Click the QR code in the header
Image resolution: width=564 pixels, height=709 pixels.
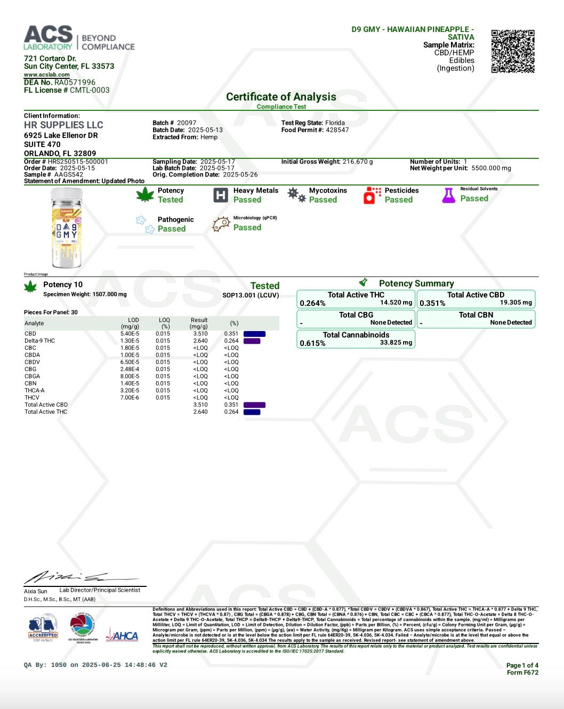[x=513, y=51]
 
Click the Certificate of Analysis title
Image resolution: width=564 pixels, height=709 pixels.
[x=281, y=97]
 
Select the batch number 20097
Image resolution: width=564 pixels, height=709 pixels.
[x=187, y=123]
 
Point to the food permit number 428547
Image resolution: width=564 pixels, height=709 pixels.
[x=337, y=130]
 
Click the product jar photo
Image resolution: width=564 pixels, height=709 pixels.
[x=67, y=228]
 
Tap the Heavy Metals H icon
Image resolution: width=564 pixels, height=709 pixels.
[x=220, y=195]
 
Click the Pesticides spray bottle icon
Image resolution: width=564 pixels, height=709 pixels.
[x=372, y=195]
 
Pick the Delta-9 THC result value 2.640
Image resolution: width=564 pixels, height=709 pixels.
[x=200, y=341]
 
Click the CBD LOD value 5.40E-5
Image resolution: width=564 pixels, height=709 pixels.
[x=130, y=334]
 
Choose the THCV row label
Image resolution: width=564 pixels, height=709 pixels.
[x=32, y=398]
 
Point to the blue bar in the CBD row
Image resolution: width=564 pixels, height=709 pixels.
[x=254, y=334]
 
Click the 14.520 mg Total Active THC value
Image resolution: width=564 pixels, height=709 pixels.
[x=396, y=303]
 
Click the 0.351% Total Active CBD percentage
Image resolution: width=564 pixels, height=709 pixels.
[x=432, y=303]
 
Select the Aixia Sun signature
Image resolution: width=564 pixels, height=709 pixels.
[x=80, y=577]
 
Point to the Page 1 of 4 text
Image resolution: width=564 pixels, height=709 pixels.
[x=522, y=665]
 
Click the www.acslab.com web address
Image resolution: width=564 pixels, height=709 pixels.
[x=46, y=75]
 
